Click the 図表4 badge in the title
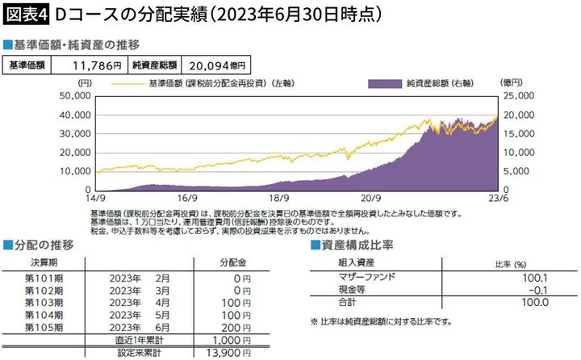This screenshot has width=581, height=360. coord(25,15)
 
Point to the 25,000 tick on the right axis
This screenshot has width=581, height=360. coord(518,95)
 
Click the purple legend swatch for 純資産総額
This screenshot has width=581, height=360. coord(383,83)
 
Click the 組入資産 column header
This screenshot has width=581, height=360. coord(353,262)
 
